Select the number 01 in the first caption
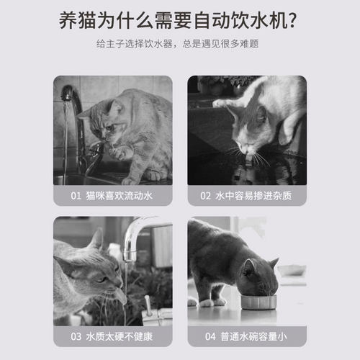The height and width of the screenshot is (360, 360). (76, 194)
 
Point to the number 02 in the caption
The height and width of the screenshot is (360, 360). (205, 194)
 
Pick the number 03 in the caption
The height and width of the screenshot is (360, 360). (76, 336)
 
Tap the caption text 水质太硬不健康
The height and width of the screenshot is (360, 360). (120, 336)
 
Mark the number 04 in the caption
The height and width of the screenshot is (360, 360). (210, 336)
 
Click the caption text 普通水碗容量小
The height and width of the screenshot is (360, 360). (254, 336)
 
